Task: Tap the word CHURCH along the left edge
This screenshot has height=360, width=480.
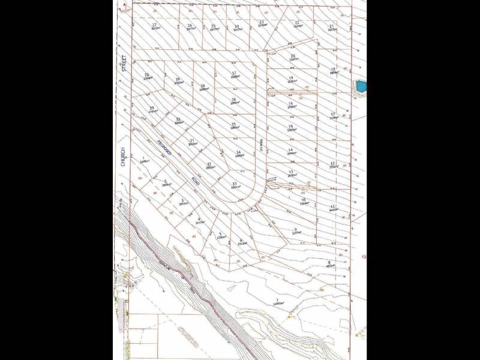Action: (x=122, y=154)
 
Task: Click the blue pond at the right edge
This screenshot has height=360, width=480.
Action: (x=360, y=86)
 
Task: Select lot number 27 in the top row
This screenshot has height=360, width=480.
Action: (x=154, y=25)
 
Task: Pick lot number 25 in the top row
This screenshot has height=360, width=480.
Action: (x=213, y=26)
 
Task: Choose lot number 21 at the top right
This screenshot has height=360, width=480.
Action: (x=331, y=26)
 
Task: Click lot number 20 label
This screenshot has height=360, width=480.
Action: (x=293, y=56)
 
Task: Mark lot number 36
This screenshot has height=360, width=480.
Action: (x=234, y=100)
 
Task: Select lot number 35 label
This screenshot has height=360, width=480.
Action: (x=234, y=124)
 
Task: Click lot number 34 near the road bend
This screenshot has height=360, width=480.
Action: (x=238, y=152)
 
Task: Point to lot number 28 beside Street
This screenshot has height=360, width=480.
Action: (x=147, y=75)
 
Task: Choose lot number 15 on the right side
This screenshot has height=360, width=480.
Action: (x=290, y=127)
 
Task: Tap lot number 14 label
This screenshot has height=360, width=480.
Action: (x=290, y=150)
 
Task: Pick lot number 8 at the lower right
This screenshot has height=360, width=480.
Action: (x=329, y=262)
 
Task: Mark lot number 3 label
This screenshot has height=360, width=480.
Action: (x=182, y=200)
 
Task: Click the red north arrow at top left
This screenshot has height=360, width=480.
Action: (x=124, y=5)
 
